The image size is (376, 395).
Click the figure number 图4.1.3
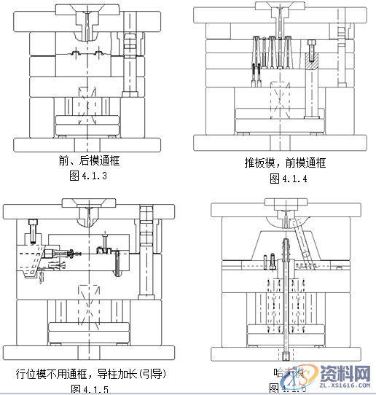point(87,175)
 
